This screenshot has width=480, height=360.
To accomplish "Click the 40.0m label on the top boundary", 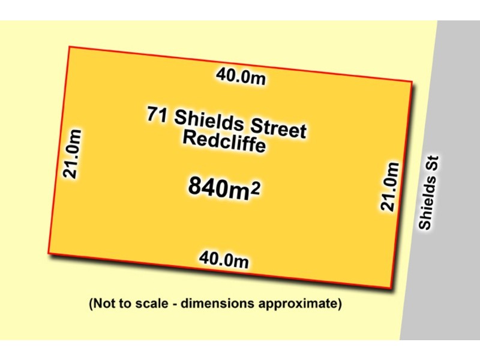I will pos(241,77).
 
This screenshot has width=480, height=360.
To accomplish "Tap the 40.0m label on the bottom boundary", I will pos(224,260).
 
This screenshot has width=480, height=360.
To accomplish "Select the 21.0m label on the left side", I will pos(73,153).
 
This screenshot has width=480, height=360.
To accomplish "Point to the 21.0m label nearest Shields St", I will pos(389,186).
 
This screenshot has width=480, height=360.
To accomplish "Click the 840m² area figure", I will pos(224,187).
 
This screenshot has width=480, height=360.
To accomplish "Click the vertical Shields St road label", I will pos(430,193).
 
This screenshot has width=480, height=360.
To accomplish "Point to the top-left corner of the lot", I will pos(70,47).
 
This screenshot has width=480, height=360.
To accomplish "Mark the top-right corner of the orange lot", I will pos(412,81).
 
